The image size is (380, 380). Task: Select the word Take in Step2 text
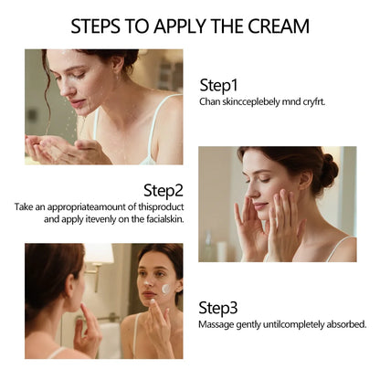tap(24, 207)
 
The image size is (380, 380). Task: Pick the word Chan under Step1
tap(210, 100)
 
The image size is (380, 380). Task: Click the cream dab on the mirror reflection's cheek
tap(165, 288)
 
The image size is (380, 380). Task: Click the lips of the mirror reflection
tap(153, 299)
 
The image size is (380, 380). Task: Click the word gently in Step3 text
tap(262, 324)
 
